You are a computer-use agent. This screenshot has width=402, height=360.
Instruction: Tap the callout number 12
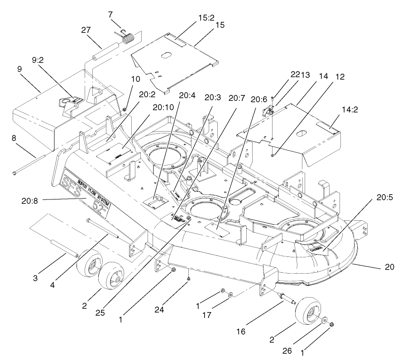[x=340, y=77]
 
